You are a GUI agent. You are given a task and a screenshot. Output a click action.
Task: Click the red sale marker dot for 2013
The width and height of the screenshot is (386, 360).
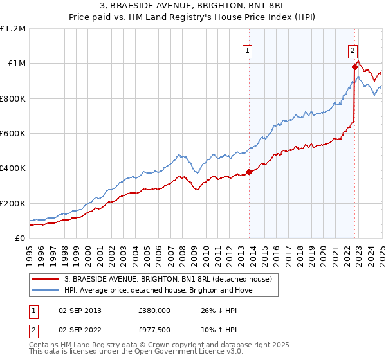pos(249,172)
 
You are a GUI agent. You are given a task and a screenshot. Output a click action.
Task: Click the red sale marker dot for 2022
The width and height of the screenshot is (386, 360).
pos(354,67)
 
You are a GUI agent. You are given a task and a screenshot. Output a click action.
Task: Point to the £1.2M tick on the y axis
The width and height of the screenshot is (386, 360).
pos(13,29)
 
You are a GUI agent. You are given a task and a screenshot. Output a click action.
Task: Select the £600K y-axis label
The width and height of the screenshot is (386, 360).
pos(12,134)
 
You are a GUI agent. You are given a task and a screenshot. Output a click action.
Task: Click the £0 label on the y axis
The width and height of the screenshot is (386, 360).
pos(19,239)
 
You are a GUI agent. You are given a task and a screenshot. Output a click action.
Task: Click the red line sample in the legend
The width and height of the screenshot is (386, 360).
pos(44,279)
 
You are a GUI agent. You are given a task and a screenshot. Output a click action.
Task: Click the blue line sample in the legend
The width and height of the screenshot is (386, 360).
pos(44,290)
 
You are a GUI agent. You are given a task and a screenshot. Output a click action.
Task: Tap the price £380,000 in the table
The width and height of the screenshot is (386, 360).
pos(154,310)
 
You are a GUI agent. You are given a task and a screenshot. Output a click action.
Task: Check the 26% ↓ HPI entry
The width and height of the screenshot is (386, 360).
pos(219,310)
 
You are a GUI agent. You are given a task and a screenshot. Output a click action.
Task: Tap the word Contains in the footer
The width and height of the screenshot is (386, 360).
pos(46,345)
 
